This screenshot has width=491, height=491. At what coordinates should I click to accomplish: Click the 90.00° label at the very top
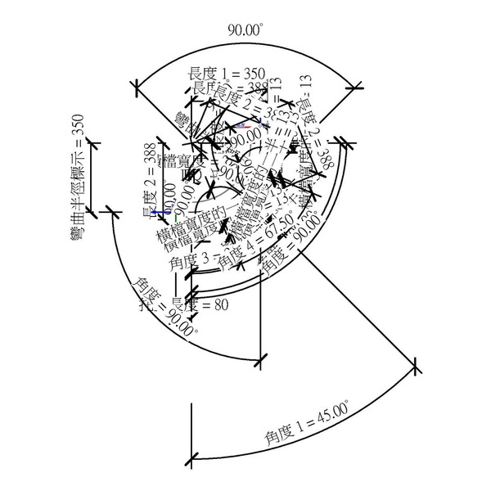click(x=245, y=30)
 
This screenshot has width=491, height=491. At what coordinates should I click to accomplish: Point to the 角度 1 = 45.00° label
click(x=306, y=426)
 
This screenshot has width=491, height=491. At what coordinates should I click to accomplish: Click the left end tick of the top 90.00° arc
click(x=137, y=83)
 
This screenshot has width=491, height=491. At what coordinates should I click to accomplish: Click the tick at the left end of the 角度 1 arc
click(x=191, y=459)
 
